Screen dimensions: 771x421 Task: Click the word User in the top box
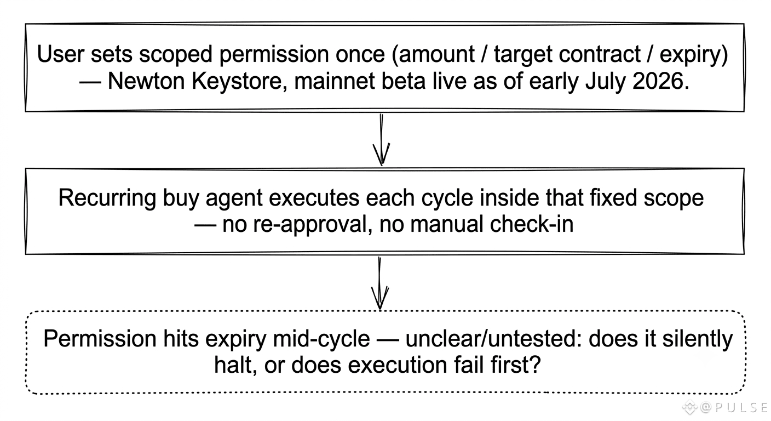tap(61, 54)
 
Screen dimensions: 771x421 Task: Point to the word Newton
tap(146, 82)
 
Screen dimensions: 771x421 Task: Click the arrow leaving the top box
tap(381, 140)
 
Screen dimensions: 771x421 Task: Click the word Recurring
tap(107, 198)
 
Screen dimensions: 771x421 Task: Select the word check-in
tap(532, 224)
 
